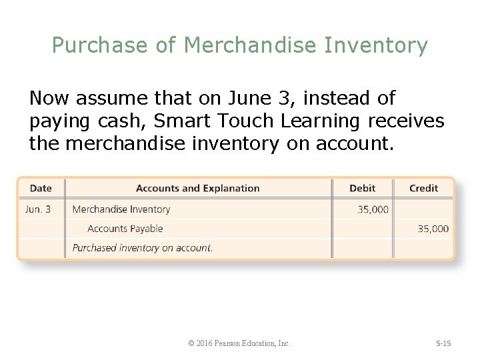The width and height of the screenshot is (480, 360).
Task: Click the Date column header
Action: pyautogui.click(x=41, y=188)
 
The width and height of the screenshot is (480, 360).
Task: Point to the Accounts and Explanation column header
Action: pyautogui.click(x=197, y=188)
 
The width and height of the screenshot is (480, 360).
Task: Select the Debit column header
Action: pyautogui.click(x=362, y=188)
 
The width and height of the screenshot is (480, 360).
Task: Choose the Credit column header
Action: pyautogui.click(x=423, y=188)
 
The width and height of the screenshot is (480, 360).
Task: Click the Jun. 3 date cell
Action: pyautogui.click(x=37, y=209)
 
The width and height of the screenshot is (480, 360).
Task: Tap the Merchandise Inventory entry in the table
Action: pyautogui.click(x=121, y=209)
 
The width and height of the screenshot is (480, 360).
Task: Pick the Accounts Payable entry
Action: pyautogui.click(x=125, y=229)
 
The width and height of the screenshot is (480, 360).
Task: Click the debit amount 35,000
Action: pyautogui.click(x=373, y=209)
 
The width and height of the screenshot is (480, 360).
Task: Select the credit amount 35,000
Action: pyautogui.click(x=433, y=229)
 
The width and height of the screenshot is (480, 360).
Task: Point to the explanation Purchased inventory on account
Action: pyautogui.click(x=143, y=248)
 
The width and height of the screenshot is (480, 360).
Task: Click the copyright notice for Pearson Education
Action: pyautogui.click(x=239, y=343)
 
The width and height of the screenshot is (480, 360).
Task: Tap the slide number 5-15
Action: pyautogui.click(x=443, y=343)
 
